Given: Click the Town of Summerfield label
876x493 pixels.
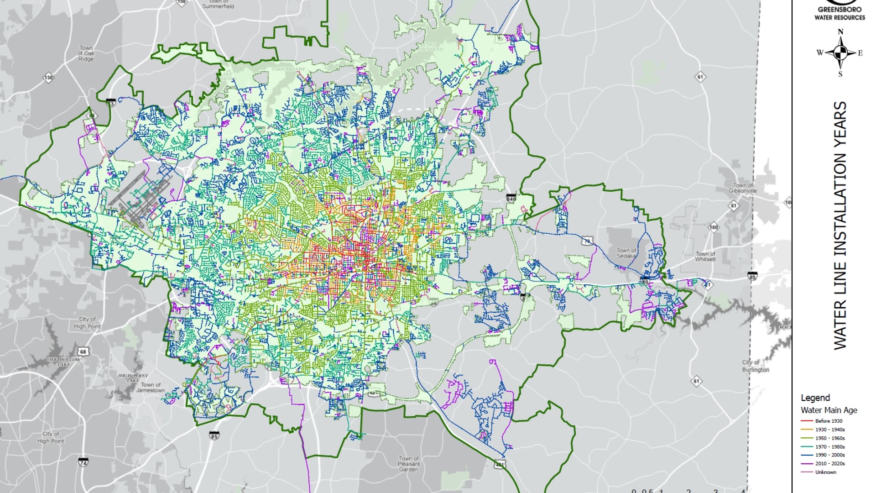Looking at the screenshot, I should tap(218, 4).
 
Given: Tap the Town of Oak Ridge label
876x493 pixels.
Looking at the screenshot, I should tap(86, 53).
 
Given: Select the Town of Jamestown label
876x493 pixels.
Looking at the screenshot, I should tap(151, 388).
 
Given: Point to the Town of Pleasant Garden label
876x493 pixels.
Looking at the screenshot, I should tap(408, 464).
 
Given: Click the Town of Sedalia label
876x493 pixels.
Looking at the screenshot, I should tap(626, 253).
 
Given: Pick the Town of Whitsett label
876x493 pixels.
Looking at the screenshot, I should tap(705, 257).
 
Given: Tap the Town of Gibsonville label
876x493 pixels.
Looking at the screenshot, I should tap(742, 188).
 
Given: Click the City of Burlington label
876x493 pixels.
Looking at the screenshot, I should tap(755, 366).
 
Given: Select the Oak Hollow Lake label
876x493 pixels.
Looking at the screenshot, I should tap(63, 362).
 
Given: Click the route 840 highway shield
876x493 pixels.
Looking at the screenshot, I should tap(511, 199).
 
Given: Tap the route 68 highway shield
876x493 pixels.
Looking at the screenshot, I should tap(83, 351).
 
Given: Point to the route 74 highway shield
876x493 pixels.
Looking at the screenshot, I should tap(83, 462).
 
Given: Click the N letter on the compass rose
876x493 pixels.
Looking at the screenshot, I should tap(840, 32).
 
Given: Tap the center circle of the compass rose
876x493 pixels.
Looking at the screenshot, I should tap(840, 53).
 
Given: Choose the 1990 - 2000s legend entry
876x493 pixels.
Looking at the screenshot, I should tap(829, 455).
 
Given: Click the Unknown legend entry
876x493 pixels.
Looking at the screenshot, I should tap(825, 472).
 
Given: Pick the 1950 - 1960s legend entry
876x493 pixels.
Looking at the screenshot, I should tap(829, 438).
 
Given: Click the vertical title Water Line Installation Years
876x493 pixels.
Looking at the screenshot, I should tap(840, 226).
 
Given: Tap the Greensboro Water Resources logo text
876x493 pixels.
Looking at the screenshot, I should tap(839, 13).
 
